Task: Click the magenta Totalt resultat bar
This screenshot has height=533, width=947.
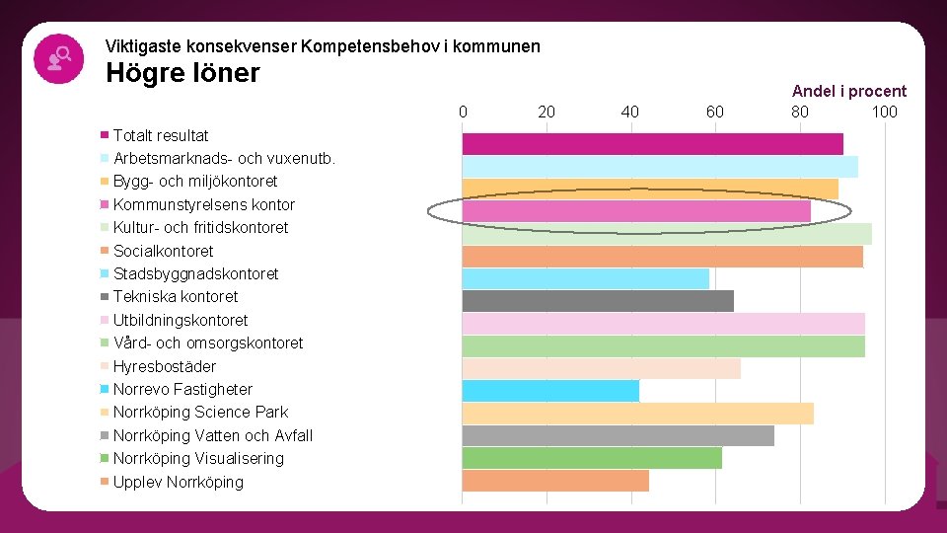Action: click(652, 143)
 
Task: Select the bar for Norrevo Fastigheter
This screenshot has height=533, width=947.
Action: click(550, 390)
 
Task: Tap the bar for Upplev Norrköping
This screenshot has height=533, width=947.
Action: click(555, 481)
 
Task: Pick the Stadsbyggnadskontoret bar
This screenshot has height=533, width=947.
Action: click(585, 278)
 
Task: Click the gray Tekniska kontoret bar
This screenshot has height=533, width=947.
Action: click(598, 301)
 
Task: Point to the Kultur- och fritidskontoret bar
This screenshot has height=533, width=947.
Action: click(667, 234)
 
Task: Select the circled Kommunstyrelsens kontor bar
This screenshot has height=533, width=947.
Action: click(636, 211)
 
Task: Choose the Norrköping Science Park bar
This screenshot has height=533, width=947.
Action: click(637, 413)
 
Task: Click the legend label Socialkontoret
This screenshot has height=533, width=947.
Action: click(163, 251)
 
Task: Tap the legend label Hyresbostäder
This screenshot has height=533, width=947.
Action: click(164, 366)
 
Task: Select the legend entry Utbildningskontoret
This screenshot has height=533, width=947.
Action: click(181, 320)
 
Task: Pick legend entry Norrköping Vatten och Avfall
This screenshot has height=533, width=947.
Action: click(212, 435)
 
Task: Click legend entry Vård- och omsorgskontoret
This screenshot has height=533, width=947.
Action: click(208, 343)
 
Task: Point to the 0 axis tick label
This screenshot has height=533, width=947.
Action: click(463, 112)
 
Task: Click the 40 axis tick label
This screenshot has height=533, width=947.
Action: click(630, 112)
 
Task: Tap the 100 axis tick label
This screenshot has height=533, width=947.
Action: click(884, 112)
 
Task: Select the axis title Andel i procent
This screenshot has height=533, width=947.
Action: click(848, 91)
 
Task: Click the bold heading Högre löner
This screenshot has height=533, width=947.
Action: click(182, 73)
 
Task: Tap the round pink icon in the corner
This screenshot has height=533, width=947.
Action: click(58, 58)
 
